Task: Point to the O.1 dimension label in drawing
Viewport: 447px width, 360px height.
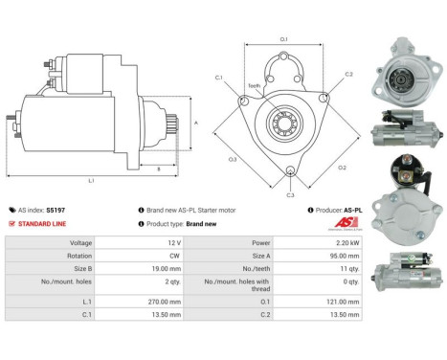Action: [x=284, y=38]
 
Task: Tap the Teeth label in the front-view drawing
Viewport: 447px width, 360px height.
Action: [x=255, y=86]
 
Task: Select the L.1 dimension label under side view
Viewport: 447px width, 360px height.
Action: [x=91, y=180]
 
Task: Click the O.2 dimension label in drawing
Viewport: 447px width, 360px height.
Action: [x=341, y=169]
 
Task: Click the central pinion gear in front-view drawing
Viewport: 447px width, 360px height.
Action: [x=284, y=122]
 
